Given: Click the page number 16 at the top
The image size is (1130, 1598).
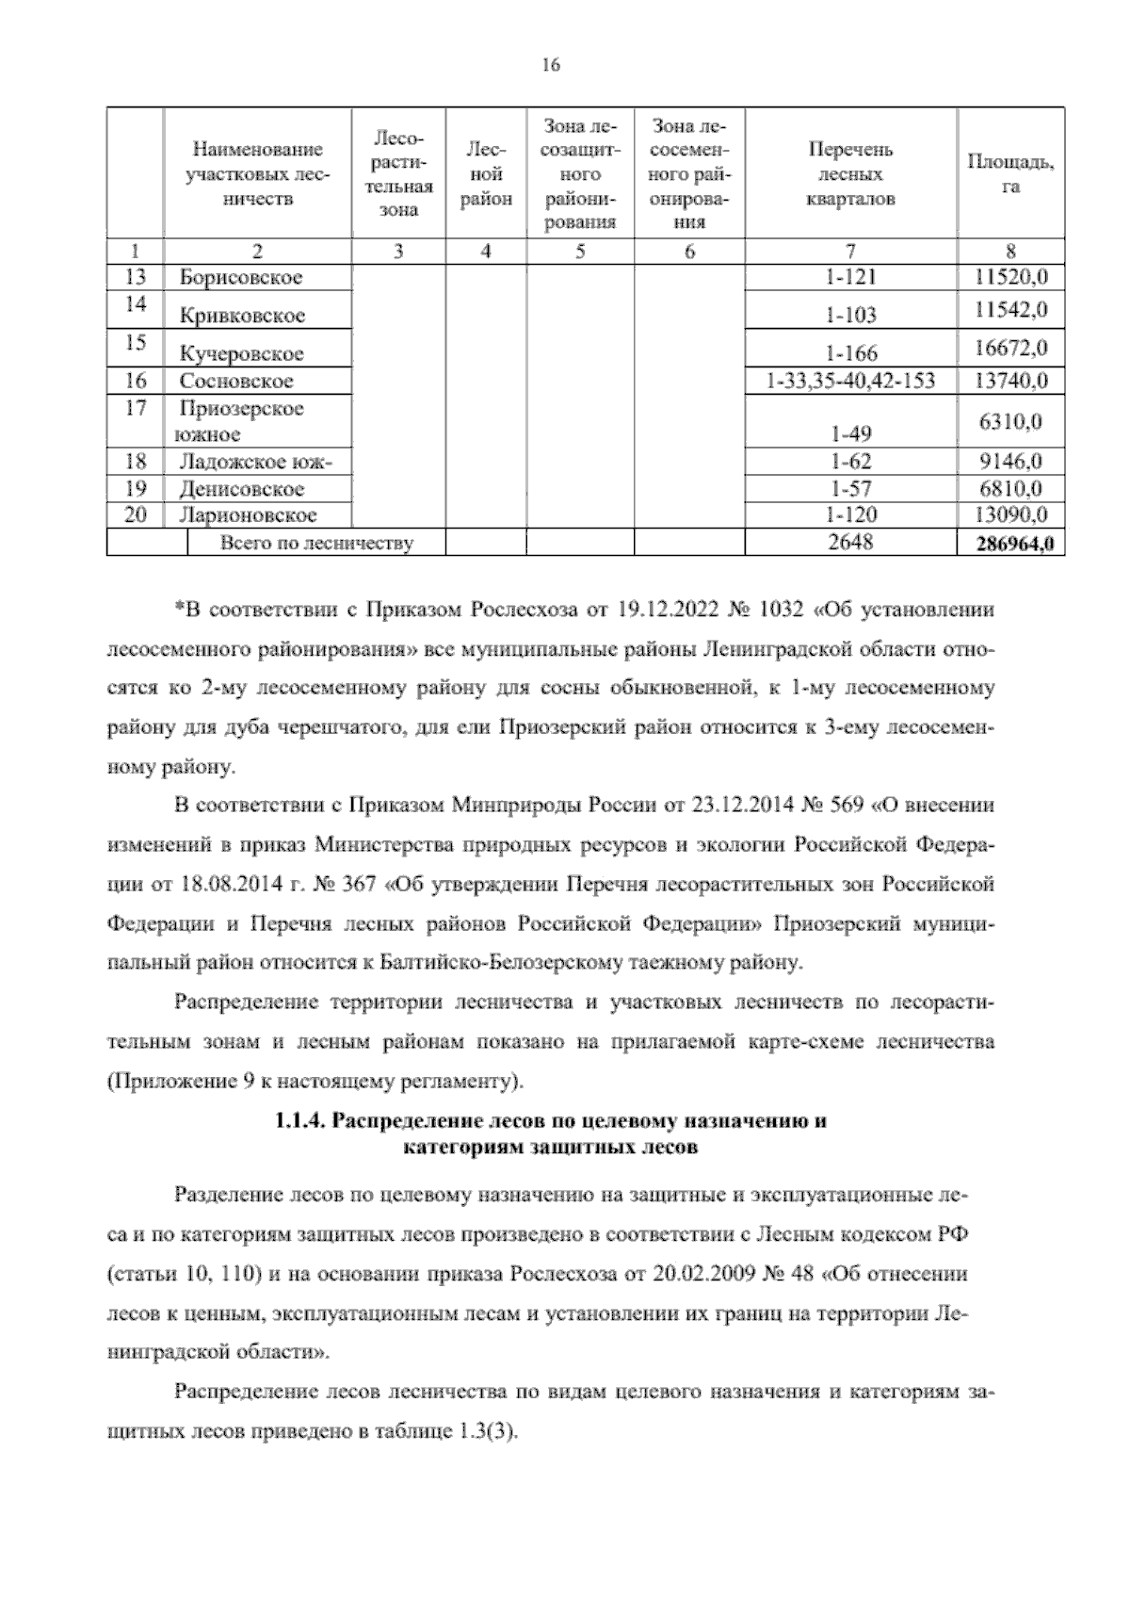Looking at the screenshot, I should tap(551, 64).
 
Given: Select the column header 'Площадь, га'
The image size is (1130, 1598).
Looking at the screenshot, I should tap(1010, 174).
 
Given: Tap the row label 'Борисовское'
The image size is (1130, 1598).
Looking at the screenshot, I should tap(241, 278).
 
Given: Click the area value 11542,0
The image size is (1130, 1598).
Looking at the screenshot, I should tap(1011, 310).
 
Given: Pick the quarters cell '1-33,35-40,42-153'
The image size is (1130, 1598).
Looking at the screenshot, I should tap(850, 382).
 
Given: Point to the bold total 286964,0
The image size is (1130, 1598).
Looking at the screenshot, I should tap(1010, 544).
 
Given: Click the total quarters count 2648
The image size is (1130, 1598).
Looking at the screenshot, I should tap(850, 542).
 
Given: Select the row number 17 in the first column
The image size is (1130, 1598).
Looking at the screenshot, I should tap(136, 408).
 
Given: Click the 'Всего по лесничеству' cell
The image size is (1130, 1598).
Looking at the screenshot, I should tap(315, 543).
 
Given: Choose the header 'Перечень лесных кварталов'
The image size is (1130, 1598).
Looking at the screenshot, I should tap(850, 174).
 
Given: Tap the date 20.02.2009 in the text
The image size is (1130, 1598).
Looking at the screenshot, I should tap(695, 1274).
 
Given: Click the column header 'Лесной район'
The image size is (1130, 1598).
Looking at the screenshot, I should tap(486, 174).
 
